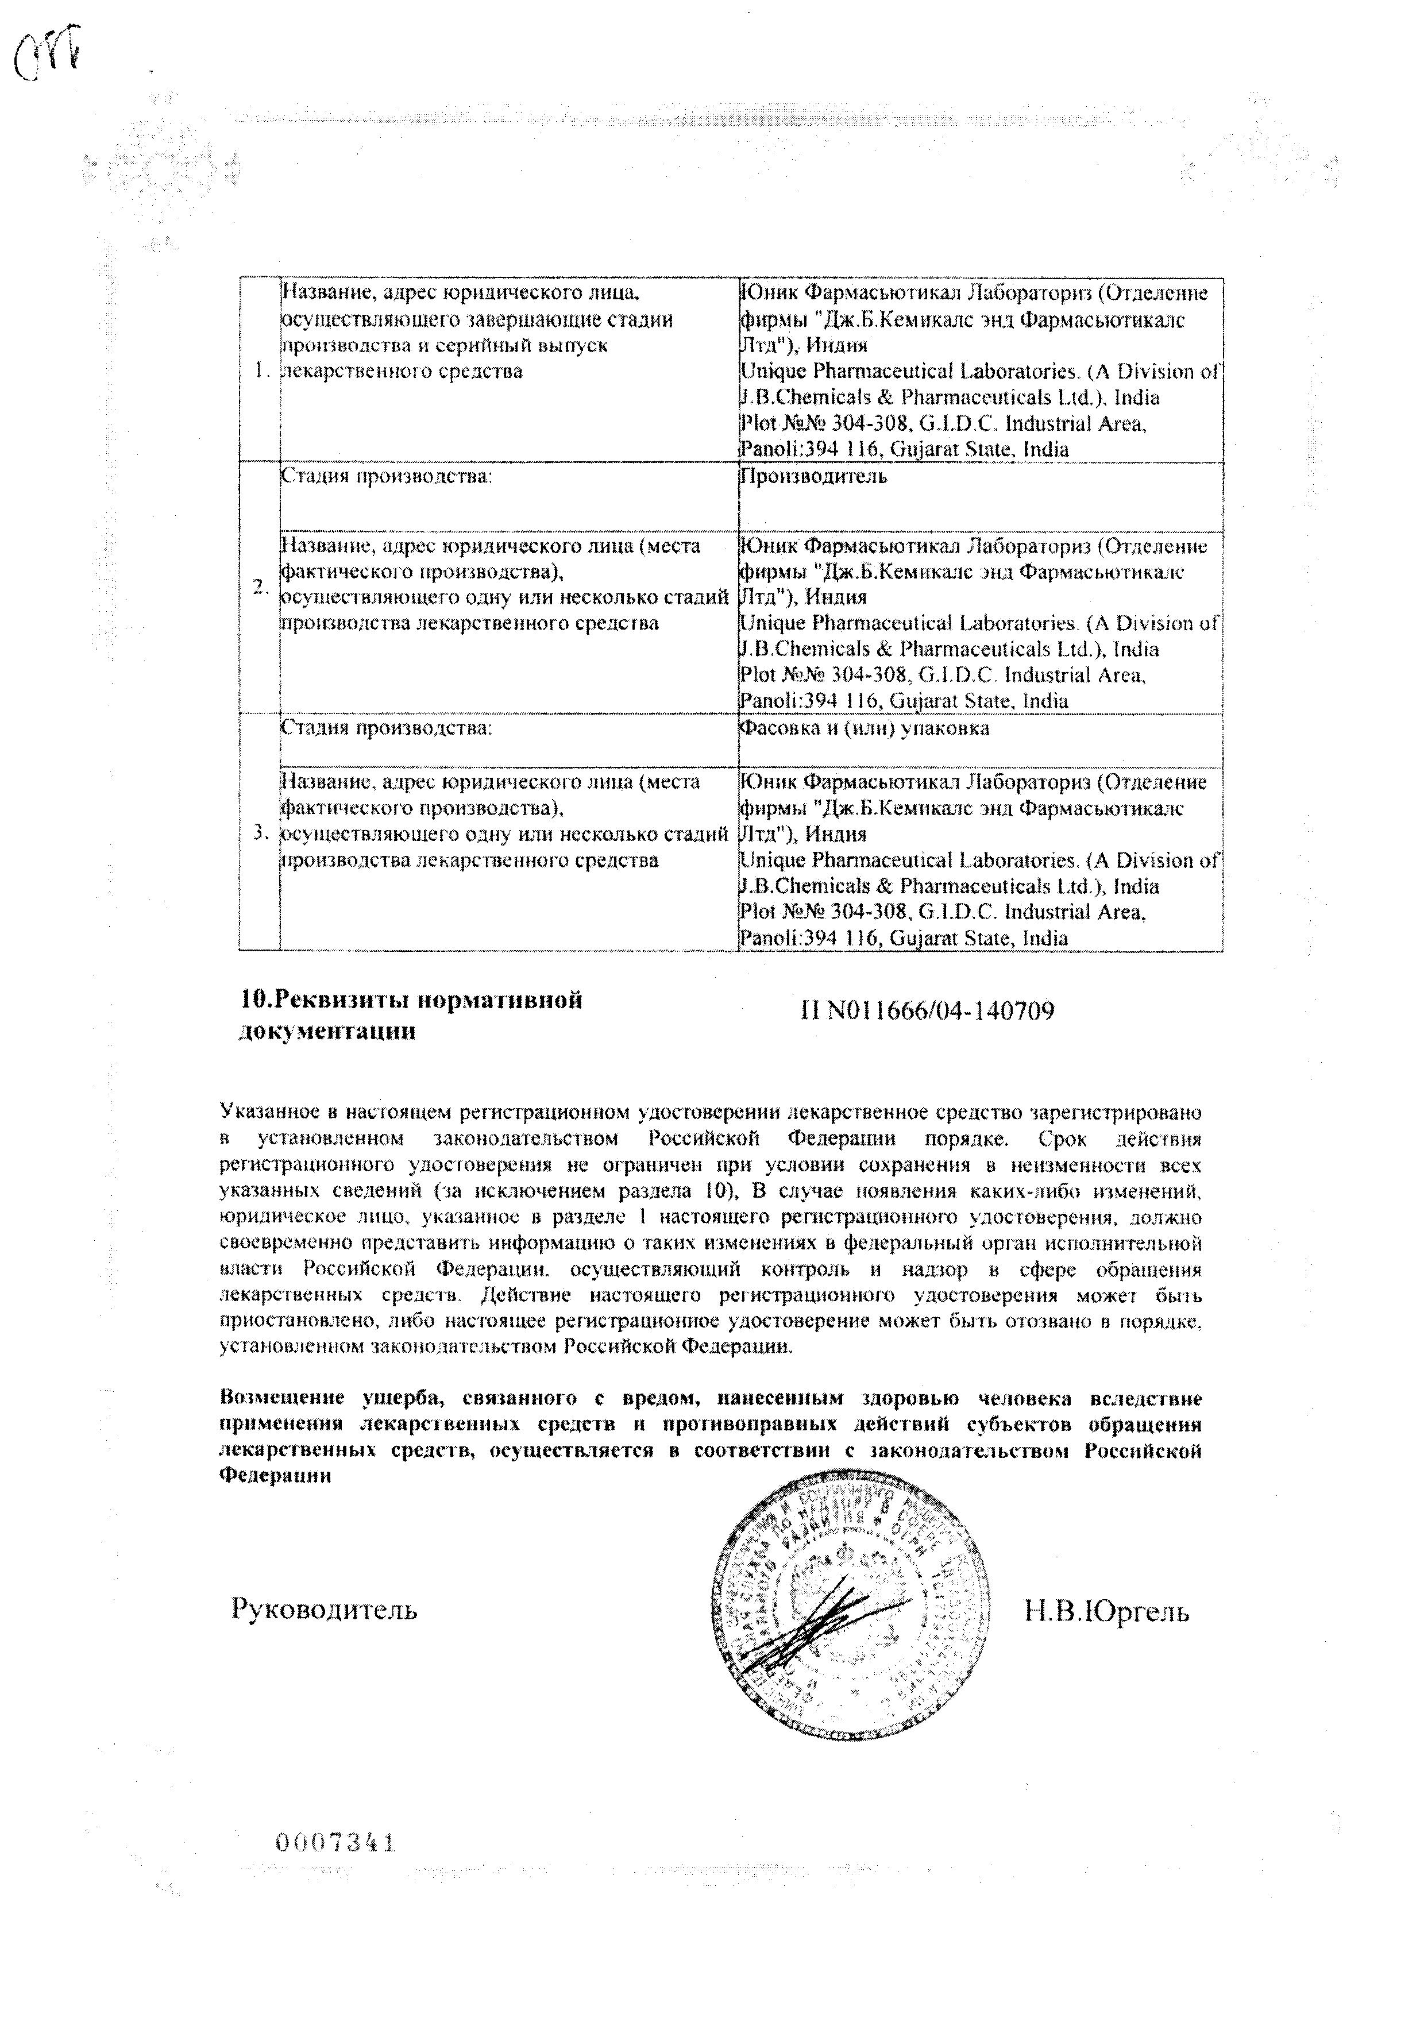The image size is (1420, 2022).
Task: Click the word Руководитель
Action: (324, 1609)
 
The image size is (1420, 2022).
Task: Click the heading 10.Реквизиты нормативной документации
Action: (411, 1016)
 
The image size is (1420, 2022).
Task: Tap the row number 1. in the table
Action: (260, 371)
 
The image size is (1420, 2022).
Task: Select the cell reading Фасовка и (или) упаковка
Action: (864, 728)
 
